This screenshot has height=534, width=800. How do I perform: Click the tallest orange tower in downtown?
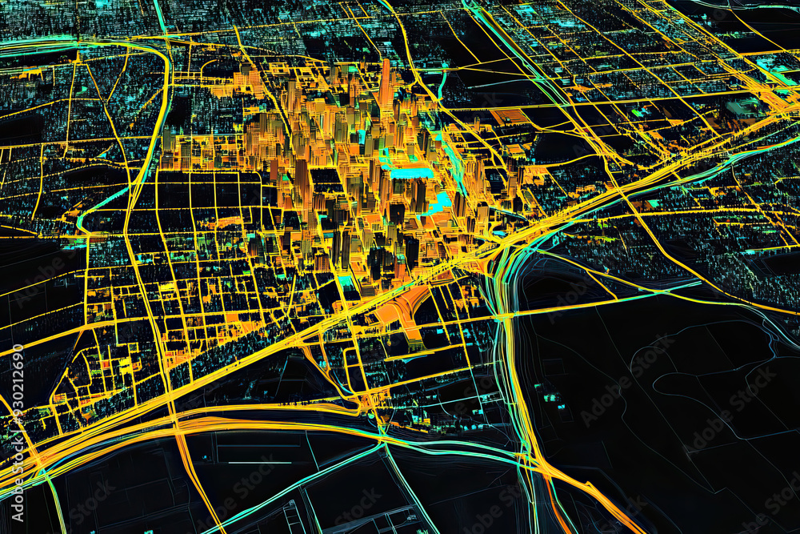[386, 84]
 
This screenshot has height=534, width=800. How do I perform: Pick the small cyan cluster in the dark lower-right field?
[550, 395]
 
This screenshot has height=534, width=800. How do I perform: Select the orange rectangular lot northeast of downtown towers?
[513, 117]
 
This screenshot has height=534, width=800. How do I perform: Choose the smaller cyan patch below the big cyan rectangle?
[438, 203]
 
